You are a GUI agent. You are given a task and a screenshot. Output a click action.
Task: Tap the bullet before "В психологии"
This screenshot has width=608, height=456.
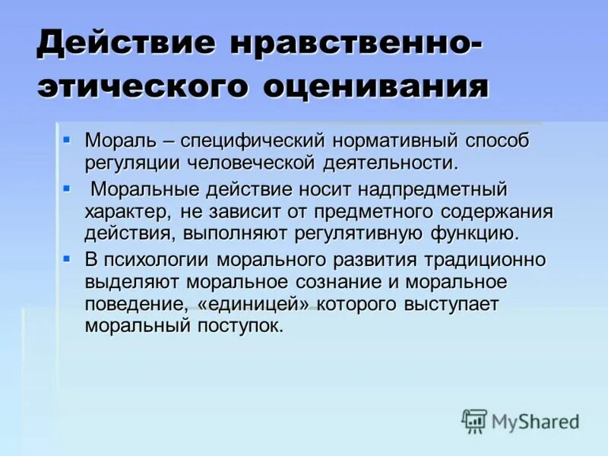pyautogui.click(x=67, y=258)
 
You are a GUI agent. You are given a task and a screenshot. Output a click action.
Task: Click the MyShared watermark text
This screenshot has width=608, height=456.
pyautogui.click(x=537, y=422)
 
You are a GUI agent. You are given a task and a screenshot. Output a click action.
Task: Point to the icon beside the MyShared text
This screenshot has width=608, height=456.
pyautogui.click(x=474, y=420)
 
